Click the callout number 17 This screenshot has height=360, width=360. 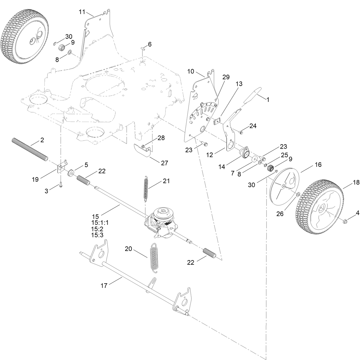tap(104, 285)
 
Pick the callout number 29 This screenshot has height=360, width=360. tap(226, 77)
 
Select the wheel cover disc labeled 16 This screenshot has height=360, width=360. tap(284, 186)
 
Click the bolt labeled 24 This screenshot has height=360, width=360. tap(241, 132)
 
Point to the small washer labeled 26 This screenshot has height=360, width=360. tap(298, 195)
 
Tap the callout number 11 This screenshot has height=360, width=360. tap(82, 12)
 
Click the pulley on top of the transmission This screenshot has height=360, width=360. tap(163, 213)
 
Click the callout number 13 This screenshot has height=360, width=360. tap(239, 84)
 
